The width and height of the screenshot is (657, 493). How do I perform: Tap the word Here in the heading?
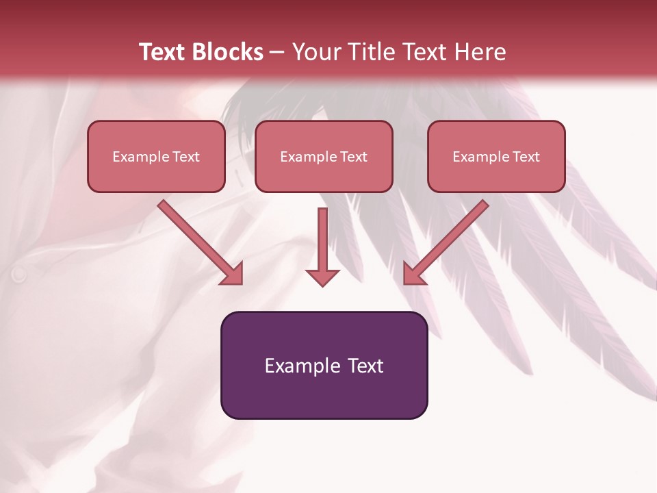tap(480, 52)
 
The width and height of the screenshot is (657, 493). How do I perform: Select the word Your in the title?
tap(314, 52)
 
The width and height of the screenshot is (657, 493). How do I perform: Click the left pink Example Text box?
tap(156, 156)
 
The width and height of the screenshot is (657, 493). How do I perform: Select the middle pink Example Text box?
tap(324, 156)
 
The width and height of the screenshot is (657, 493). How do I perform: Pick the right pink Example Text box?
tap(496, 156)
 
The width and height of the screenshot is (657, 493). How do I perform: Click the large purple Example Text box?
tap(324, 365)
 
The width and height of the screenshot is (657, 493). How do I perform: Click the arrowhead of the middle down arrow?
tap(322, 277)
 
